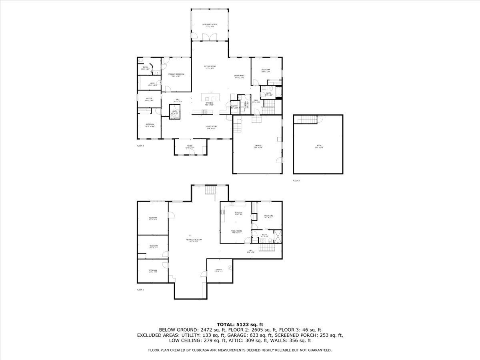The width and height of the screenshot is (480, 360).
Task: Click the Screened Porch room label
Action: click(x=210, y=25)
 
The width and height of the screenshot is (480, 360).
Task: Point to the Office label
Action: click(x=149, y=99)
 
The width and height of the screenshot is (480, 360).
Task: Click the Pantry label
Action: click(x=234, y=107)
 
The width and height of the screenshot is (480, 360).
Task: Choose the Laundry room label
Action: click(x=247, y=105)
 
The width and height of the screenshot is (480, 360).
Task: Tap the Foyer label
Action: click(x=190, y=146)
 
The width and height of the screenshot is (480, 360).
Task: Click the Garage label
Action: click(x=258, y=146)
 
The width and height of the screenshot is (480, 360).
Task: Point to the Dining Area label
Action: click(x=239, y=76)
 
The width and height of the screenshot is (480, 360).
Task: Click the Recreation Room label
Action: click(x=194, y=240)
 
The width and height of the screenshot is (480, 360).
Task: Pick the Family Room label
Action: click(x=236, y=232)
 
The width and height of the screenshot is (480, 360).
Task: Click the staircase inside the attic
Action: click(x=308, y=119)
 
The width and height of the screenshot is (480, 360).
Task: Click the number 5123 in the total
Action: click(x=246, y=324)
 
